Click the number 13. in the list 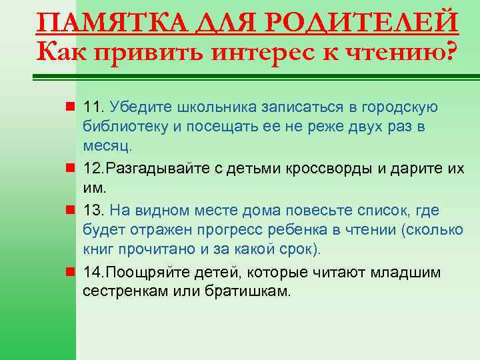pyautogui.click(x=94, y=211)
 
